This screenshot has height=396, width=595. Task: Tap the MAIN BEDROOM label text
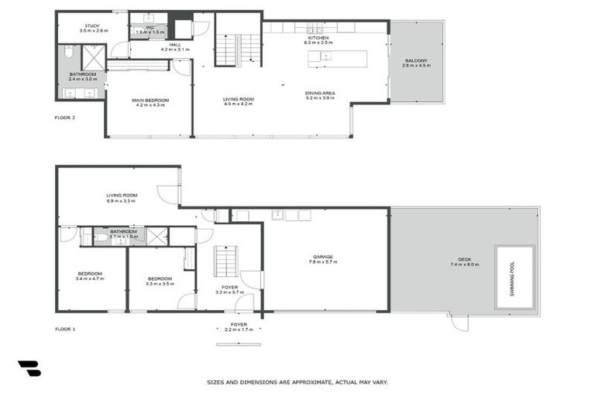pos(150,100)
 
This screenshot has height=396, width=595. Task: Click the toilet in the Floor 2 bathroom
pos(69,55)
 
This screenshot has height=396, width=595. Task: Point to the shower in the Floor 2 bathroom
pos(93,57)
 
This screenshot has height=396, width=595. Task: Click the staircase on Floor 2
pos(239,49)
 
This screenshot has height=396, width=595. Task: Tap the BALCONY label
pos(415,60)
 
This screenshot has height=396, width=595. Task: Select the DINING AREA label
pos(319,93)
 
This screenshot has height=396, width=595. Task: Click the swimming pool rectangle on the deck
pos(515,277)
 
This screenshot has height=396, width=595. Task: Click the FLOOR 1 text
pos(65,329)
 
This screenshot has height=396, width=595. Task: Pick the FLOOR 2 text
pos(65,118)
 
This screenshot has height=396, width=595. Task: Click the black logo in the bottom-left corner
pos(29,369)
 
